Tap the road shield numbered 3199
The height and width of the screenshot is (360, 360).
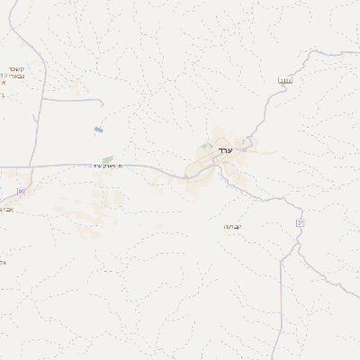pos(285,82)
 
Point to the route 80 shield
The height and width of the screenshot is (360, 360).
pos(22,191)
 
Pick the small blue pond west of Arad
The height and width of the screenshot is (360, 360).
pos(97,130)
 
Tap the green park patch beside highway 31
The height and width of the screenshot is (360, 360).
pos(108,159)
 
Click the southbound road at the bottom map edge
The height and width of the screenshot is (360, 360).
pos(281,358)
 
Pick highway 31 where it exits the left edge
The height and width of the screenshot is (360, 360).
pos(2,166)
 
